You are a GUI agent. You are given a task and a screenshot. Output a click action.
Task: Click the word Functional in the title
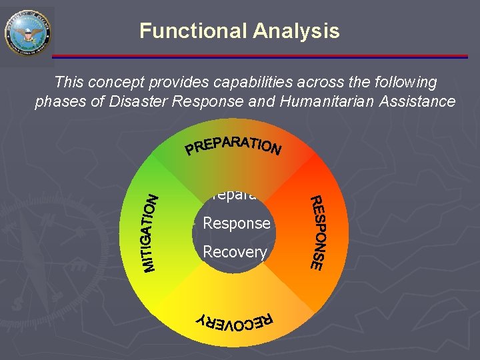coord(193,31)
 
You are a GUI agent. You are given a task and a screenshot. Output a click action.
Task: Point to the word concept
coord(115,83)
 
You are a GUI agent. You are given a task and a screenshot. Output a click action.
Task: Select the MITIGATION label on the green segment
coord(152,233)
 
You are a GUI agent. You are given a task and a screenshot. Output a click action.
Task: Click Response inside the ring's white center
coord(237,223)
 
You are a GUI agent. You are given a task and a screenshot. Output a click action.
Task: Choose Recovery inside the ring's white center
coord(235,253)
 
